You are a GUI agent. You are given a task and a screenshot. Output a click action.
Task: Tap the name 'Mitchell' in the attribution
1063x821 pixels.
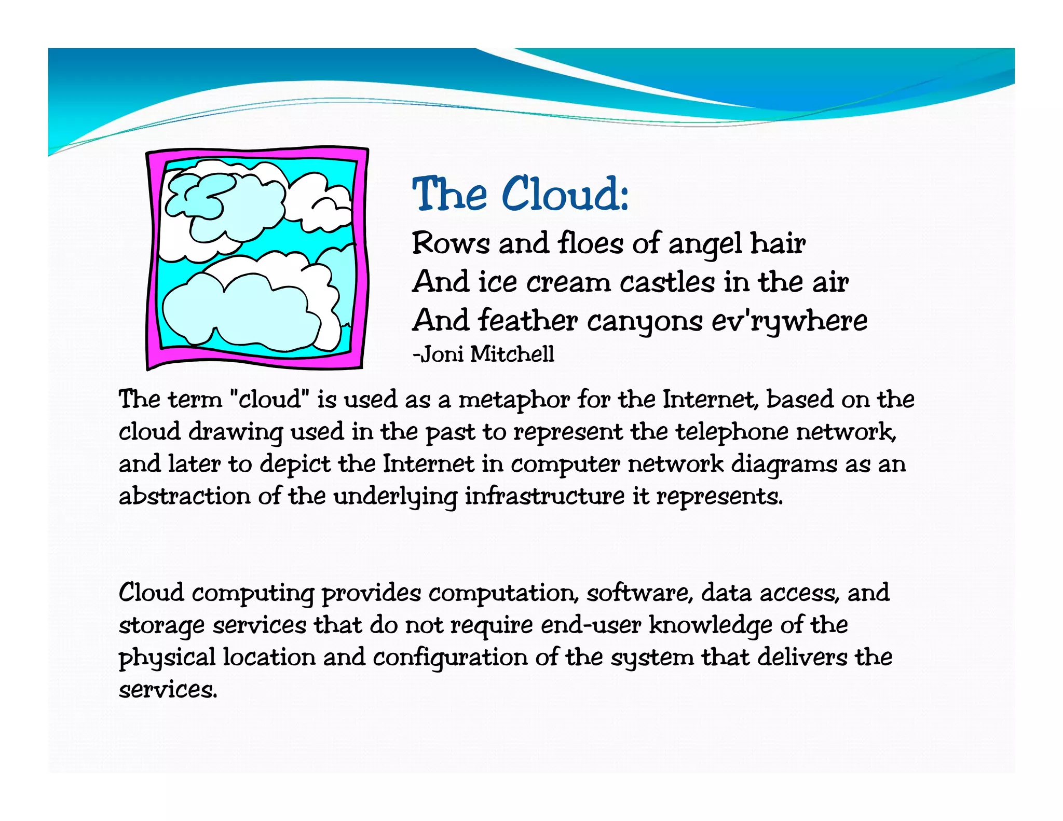tap(512, 354)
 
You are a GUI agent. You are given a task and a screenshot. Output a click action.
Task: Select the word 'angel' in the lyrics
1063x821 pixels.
tap(705, 244)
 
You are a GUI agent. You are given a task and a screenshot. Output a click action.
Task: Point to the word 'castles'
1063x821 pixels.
tap(667, 283)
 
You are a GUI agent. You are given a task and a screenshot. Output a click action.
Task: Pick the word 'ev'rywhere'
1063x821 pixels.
tap(789, 321)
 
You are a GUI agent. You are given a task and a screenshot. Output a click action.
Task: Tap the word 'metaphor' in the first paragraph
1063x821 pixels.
tap(514, 400)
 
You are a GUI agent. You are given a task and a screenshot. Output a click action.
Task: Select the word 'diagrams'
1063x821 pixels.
tap(784, 464)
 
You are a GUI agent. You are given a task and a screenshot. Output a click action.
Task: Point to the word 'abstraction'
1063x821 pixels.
tap(184, 496)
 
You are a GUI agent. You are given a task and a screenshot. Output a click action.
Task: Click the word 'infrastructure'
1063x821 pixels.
tap(544, 496)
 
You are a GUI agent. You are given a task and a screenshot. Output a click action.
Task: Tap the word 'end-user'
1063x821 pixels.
tap(591, 625)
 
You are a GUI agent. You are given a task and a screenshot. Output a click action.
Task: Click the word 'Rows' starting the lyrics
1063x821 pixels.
tap(451, 244)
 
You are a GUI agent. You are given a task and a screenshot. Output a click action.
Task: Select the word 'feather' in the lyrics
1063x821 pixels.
tap(527, 321)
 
